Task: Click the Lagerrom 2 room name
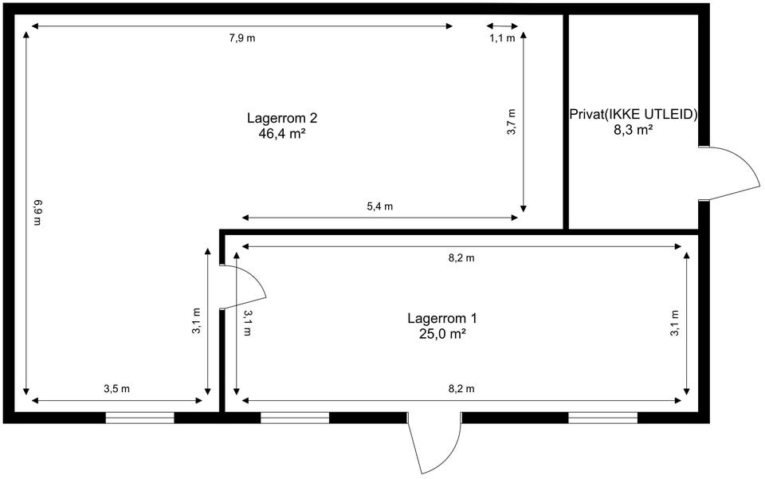282,119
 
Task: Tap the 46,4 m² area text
282,134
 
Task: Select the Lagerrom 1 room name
442,319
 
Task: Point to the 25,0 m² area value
442,334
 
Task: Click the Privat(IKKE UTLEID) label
634,115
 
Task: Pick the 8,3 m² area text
634,130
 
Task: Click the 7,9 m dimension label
242,38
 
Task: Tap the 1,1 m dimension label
503,38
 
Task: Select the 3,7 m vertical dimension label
512,122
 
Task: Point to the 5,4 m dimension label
379,206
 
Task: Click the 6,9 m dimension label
38,212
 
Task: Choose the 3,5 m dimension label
116,389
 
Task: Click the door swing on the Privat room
729,173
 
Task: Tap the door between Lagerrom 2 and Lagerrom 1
243,287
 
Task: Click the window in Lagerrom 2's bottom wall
140,418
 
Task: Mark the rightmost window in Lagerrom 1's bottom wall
603,418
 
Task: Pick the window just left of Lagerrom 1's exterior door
295,418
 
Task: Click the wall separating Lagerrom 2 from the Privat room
566,122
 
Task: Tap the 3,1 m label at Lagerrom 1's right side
675,323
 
